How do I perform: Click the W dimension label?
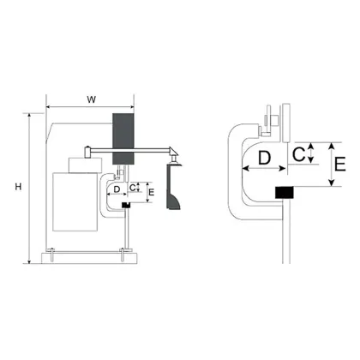coord(92,99)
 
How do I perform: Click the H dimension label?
coord(18,187)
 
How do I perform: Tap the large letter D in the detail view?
coord(264,158)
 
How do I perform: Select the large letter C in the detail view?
coord(298,154)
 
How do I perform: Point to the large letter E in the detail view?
coord(340,164)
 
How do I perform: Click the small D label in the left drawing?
coord(117,189)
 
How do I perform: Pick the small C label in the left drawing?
coord(132,188)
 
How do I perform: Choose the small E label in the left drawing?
coord(152,192)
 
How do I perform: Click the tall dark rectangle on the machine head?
coord(123,139)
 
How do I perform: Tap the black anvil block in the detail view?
coord(285,192)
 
